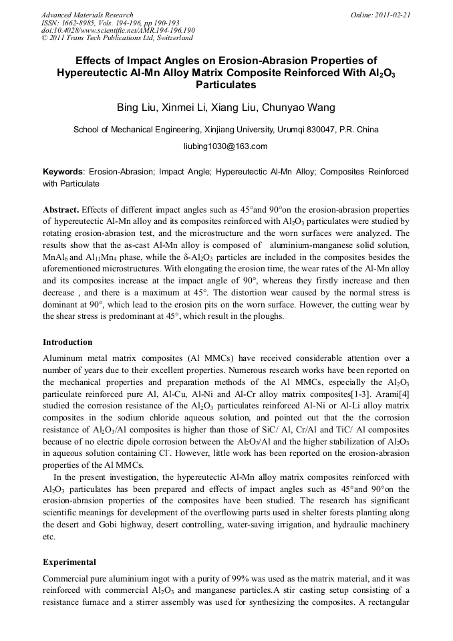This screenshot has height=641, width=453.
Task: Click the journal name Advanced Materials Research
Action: (x=87, y=15)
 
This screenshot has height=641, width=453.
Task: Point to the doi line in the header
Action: (x=118, y=31)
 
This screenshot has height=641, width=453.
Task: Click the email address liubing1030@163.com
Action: (x=226, y=146)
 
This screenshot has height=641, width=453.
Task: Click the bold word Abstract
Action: (x=61, y=209)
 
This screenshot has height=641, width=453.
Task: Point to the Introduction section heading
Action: (x=67, y=342)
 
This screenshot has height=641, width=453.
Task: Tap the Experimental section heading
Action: (x=69, y=561)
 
